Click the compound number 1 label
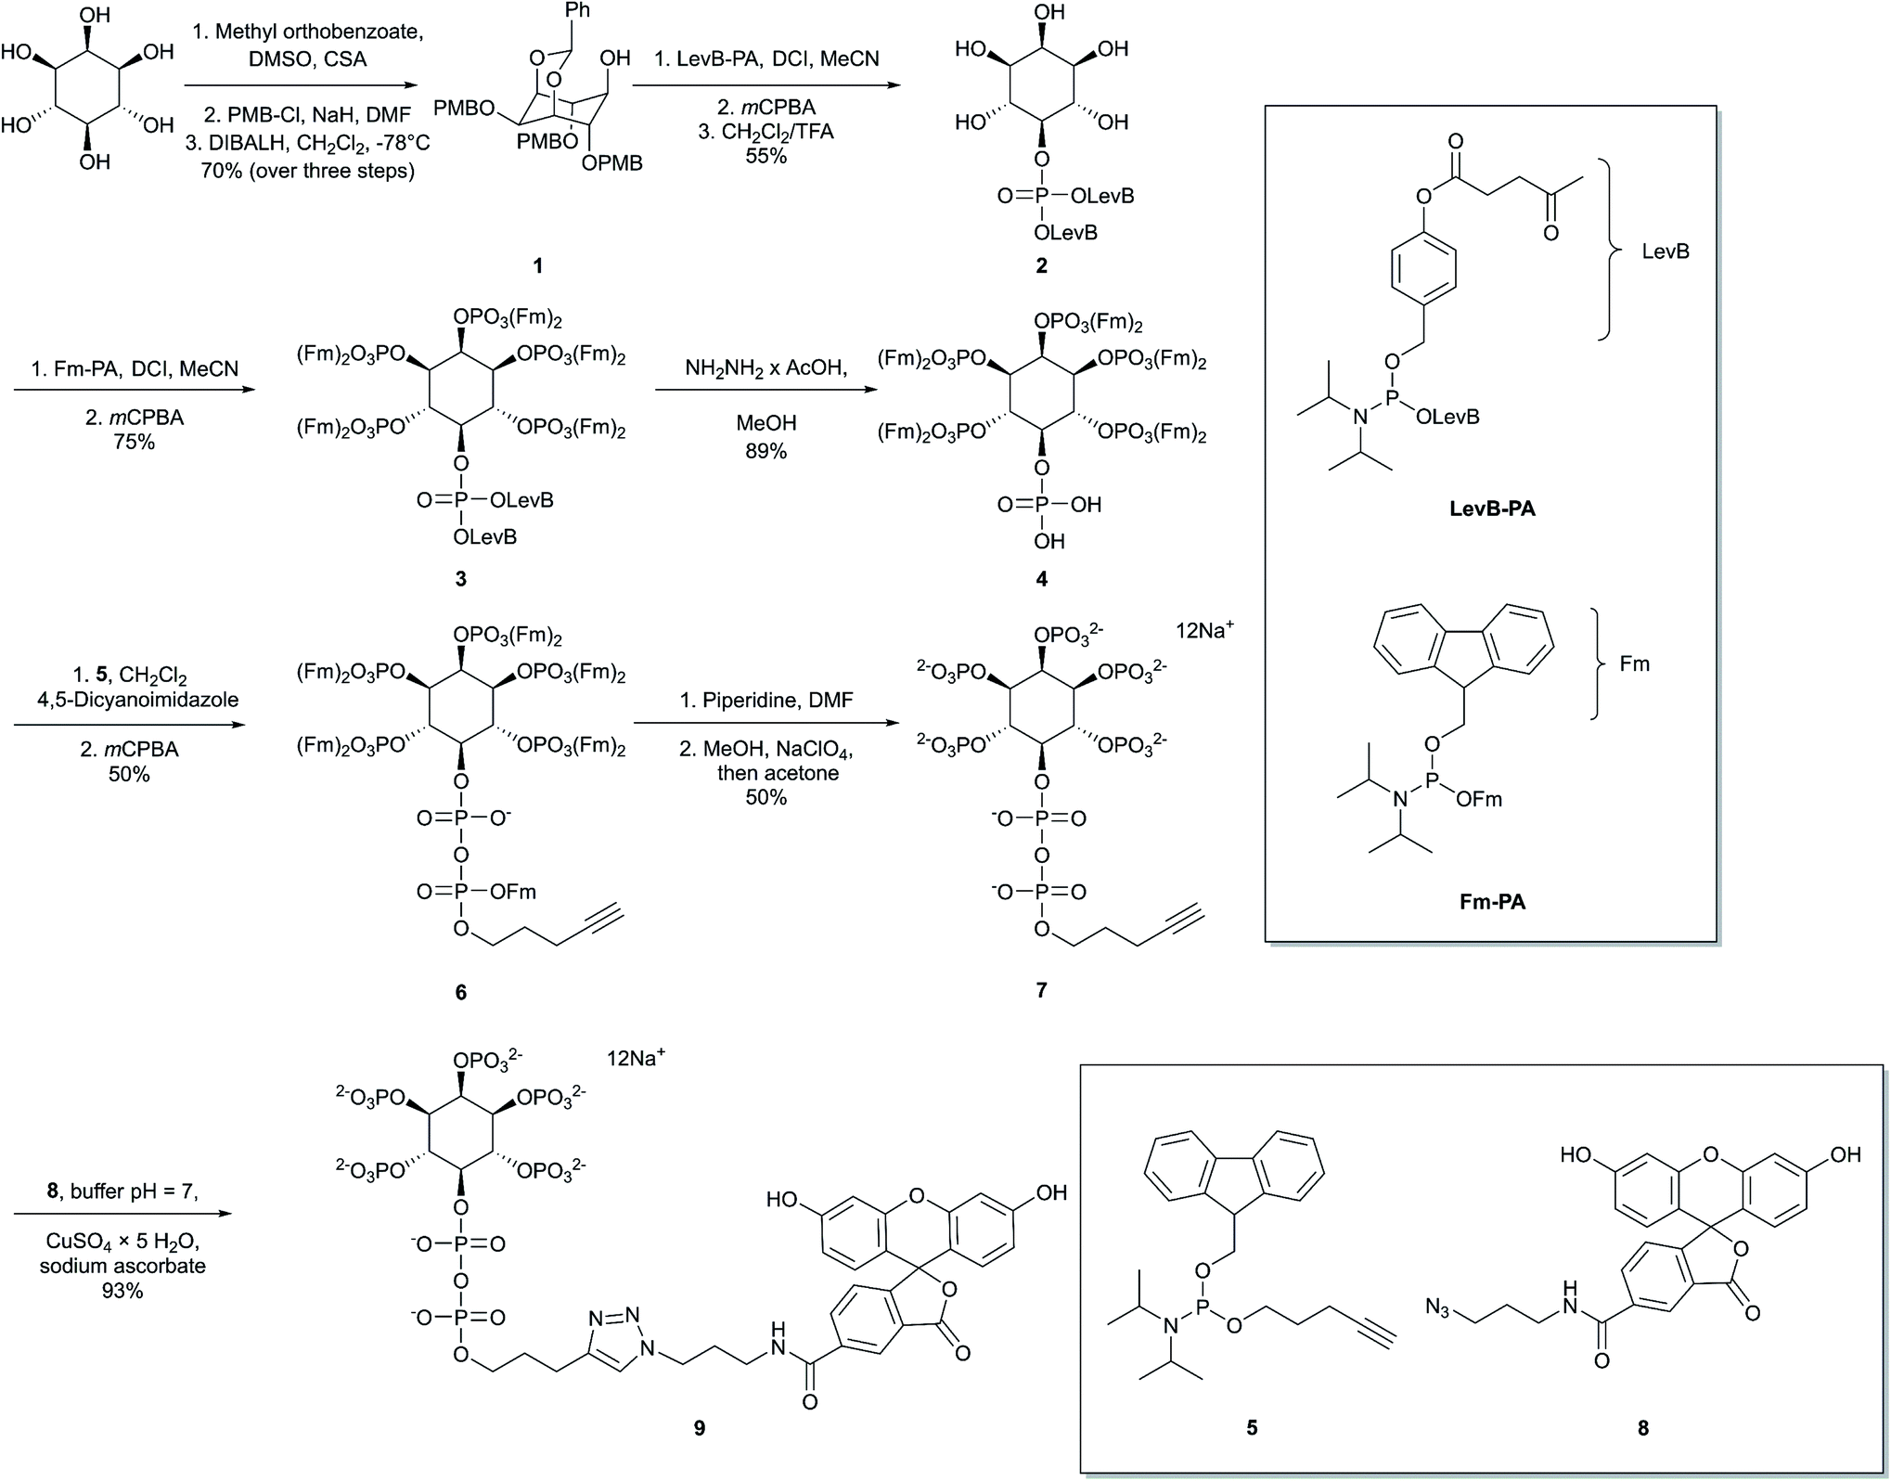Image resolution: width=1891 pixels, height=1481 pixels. [x=537, y=266]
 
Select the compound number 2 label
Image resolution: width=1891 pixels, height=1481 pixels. [x=1041, y=266]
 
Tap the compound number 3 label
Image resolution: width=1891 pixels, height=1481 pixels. [x=460, y=579]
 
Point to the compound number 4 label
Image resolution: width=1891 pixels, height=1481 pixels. [x=1041, y=579]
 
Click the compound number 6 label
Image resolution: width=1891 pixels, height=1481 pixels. [x=460, y=992]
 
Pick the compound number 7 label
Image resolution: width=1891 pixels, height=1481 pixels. [x=1041, y=990]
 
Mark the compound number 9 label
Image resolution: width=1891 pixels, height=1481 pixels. [x=700, y=1428]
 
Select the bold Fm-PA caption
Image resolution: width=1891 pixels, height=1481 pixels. [x=1492, y=901]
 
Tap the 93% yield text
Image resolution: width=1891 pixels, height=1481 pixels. [x=122, y=1291]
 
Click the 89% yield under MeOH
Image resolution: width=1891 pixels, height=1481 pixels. [x=765, y=452]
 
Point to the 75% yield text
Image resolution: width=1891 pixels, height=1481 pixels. [x=134, y=442]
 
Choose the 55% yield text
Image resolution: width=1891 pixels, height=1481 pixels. [x=765, y=156]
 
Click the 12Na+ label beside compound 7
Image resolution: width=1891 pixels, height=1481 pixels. [x=1204, y=630]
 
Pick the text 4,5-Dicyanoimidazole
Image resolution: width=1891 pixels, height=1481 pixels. [x=137, y=700]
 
